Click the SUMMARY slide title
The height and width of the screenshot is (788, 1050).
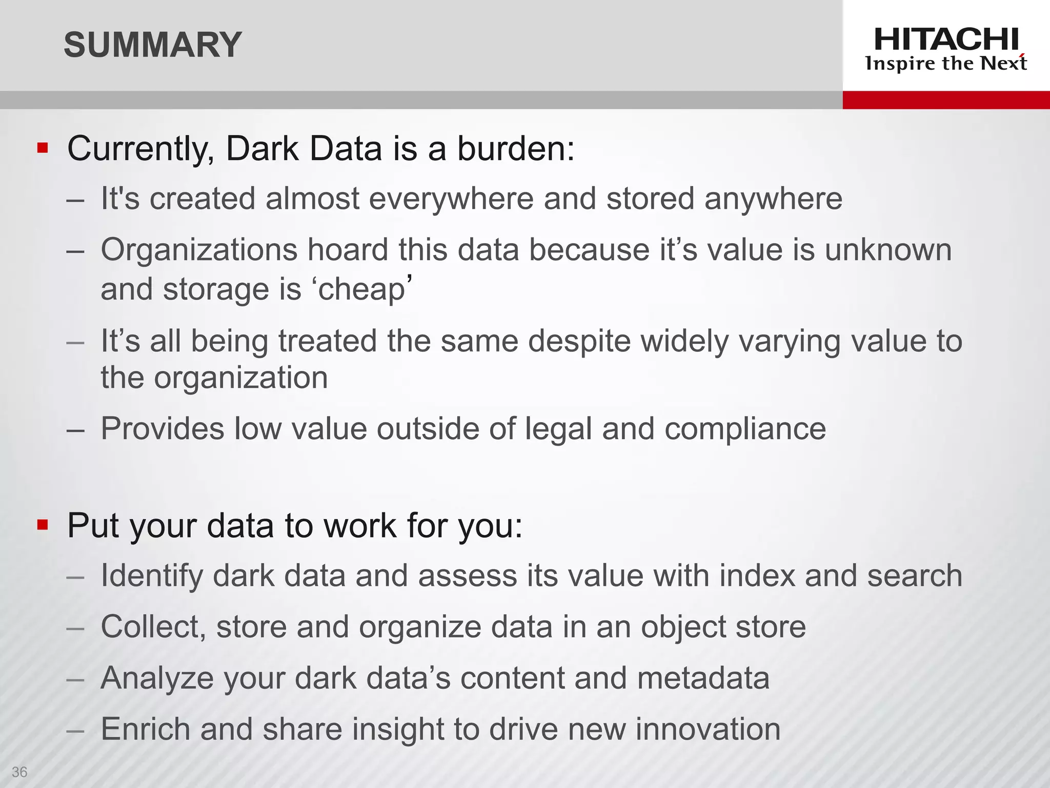coord(152,45)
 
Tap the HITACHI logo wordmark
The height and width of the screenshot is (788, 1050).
coord(946,40)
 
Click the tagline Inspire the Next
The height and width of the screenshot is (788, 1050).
coord(946,64)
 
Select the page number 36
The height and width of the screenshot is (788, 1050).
coord(19,772)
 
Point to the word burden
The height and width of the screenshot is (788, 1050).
coord(515,149)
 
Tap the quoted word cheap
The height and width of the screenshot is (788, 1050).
coord(362,290)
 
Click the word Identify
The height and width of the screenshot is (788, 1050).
coord(151,576)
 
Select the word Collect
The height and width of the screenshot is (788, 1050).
coord(153,627)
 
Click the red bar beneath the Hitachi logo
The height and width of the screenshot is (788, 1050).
coord(946,100)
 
